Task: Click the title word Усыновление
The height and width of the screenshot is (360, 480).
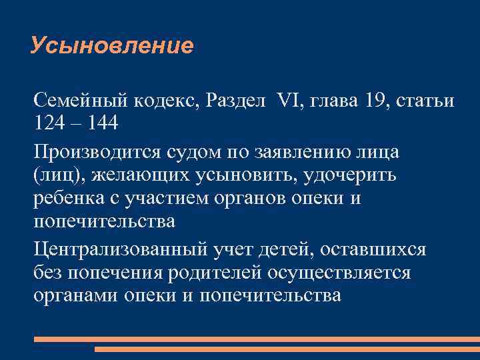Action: (x=112, y=46)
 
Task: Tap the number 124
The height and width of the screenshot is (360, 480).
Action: (x=51, y=124)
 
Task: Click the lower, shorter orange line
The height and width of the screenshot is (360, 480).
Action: (x=287, y=349)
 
